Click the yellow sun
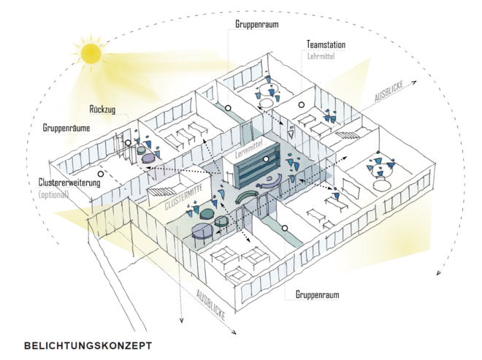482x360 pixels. point(91,52)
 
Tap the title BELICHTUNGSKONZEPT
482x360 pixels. point(88,345)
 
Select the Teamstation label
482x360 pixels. point(326,45)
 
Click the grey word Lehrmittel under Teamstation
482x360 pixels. point(321,55)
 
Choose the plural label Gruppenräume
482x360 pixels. point(66,127)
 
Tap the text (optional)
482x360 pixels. point(53,194)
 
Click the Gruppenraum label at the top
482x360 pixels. point(257,23)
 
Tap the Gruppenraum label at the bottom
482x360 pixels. point(318,295)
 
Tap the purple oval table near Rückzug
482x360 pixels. point(149,157)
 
